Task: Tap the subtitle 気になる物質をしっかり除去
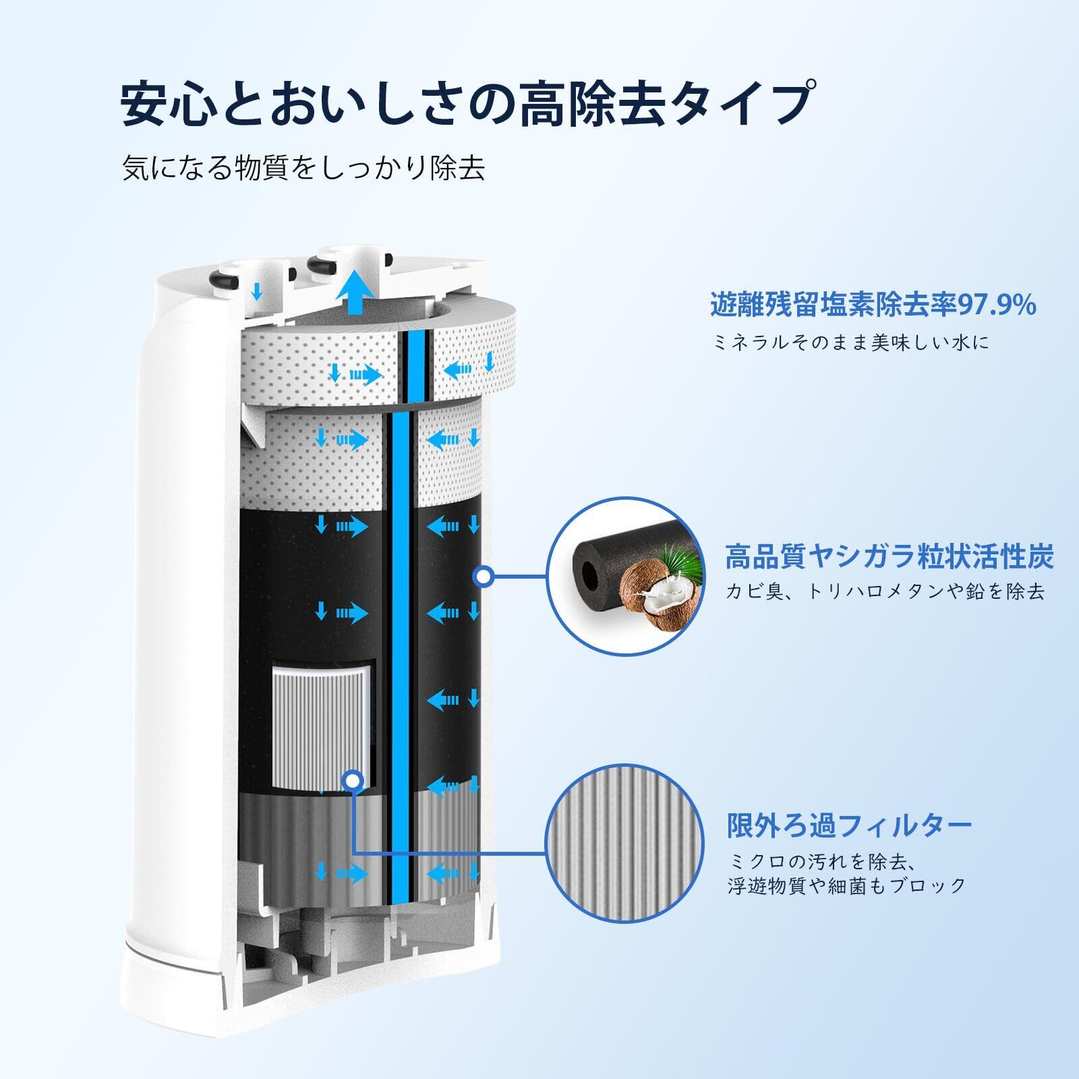coord(303,169)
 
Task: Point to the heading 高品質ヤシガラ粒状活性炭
coord(889,557)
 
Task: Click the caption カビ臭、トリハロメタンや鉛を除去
coord(885,591)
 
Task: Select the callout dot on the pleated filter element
coord(351,780)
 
